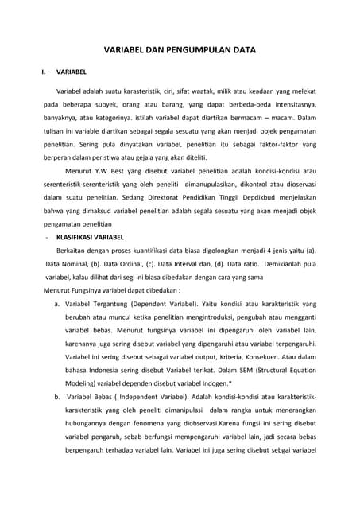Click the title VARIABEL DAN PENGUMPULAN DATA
180,49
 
